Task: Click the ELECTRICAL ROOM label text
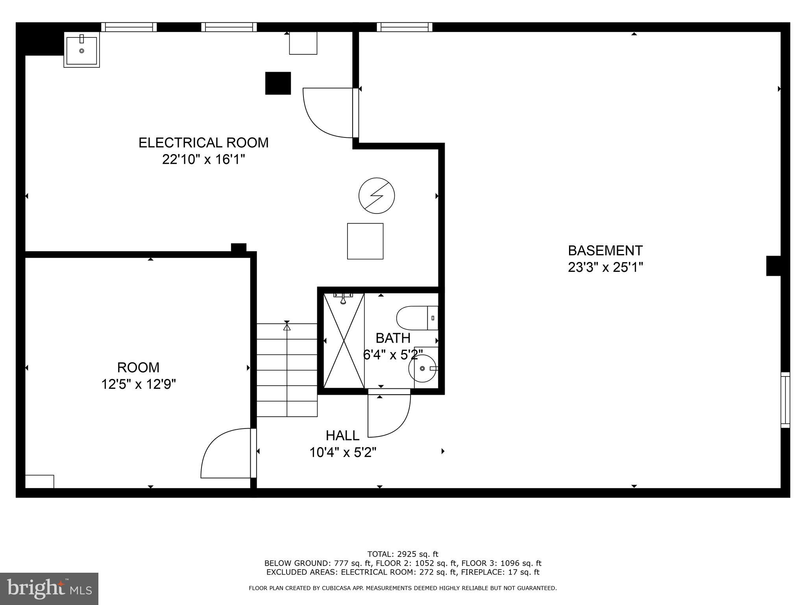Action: pyautogui.click(x=203, y=143)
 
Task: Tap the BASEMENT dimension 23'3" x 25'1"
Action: pyautogui.click(x=605, y=268)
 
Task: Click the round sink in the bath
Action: pyautogui.click(x=422, y=369)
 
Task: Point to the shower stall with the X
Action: pyautogui.click(x=344, y=341)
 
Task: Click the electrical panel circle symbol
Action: pyautogui.click(x=377, y=196)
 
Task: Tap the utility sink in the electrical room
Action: pyautogui.click(x=82, y=50)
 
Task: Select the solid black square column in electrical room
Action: pyautogui.click(x=278, y=83)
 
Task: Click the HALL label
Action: pyautogui.click(x=342, y=436)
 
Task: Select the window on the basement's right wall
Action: pyautogui.click(x=785, y=400)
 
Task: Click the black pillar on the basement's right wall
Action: pyautogui.click(x=773, y=266)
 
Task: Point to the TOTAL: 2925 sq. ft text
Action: pyautogui.click(x=403, y=555)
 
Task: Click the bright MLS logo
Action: pyautogui.click(x=49, y=589)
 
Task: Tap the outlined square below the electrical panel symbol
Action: pyautogui.click(x=365, y=241)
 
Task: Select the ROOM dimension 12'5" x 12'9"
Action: pyautogui.click(x=139, y=384)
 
